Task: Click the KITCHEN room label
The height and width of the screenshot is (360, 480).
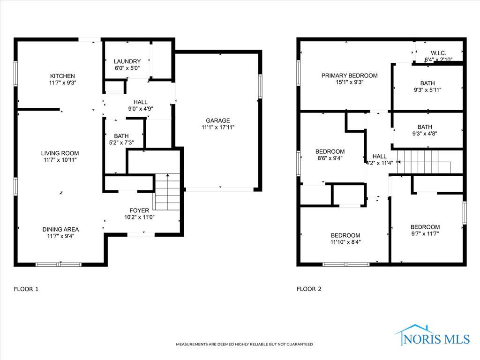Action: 62,76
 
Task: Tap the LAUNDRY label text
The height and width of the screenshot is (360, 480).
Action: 127,61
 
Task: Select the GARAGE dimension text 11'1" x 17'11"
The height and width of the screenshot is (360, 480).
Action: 217,127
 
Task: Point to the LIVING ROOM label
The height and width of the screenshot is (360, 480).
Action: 60,153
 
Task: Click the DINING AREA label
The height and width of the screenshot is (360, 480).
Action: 60,229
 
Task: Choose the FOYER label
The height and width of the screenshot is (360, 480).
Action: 139,210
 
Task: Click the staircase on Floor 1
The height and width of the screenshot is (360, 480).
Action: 167,191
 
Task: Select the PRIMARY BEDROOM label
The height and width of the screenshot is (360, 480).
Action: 349,75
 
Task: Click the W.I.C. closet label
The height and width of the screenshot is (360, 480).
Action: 438,53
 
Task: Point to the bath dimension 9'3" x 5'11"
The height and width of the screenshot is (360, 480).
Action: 427,90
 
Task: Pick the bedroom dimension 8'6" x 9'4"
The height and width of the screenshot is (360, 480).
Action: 330,158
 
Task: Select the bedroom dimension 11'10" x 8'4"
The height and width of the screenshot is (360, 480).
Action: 345,242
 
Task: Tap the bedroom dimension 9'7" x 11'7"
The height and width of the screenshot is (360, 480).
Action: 425,233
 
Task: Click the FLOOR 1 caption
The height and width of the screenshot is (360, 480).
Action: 26,289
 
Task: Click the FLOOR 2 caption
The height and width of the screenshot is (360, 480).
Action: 309,289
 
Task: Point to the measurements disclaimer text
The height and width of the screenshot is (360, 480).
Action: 244,345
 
